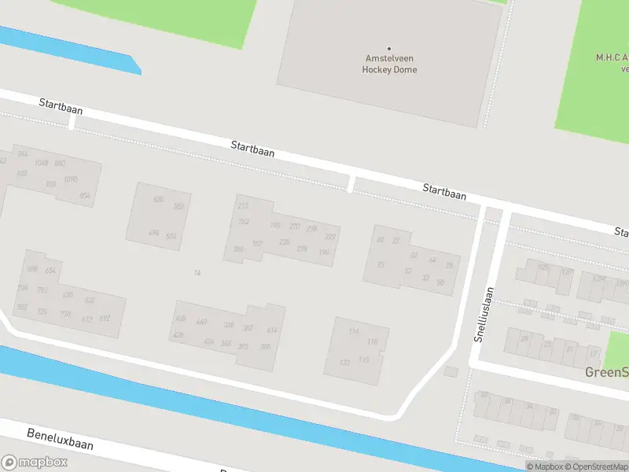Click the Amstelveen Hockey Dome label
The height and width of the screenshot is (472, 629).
point(389,64)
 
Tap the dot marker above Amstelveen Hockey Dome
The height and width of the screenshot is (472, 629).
point(389,48)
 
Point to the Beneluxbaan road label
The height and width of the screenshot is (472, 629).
point(60,439)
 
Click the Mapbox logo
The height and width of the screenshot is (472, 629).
point(35,462)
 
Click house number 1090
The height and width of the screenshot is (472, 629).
point(71,179)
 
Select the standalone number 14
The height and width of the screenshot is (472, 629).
point(197,273)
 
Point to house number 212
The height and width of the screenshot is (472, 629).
point(243,206)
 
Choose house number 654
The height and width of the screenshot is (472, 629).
point(51,271)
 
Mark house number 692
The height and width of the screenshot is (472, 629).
point(105,319)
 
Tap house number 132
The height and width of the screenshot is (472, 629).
point(344,362)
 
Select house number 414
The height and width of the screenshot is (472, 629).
point(272,330)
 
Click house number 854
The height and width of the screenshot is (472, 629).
point(85,196)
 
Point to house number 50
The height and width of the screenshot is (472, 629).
point(440,282)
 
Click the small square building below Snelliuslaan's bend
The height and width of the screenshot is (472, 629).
point(451,371)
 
